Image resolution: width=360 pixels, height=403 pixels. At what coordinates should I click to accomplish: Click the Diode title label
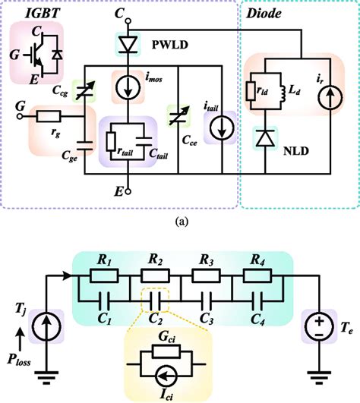[x=264, y=13]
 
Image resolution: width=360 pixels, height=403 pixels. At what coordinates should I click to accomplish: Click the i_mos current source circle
[x=125, y=85]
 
